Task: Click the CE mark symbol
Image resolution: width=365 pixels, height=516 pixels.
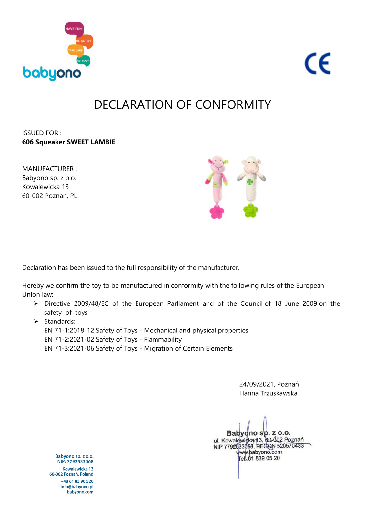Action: pos(318,64)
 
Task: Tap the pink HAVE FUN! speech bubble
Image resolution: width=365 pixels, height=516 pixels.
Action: pos(74,29)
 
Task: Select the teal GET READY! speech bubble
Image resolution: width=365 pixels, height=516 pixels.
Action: pos(83,61)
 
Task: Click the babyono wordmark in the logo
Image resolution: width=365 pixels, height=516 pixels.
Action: pos(52,73)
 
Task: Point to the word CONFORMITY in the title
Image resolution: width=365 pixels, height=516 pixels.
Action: pos(233,105)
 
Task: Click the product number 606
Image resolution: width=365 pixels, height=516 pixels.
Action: pos(27,142)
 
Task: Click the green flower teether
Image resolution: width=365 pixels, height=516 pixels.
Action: pos(250,211)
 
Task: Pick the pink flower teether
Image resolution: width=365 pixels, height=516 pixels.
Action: pos(217,212)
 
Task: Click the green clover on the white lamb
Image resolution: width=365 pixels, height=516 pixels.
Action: pos(250,182)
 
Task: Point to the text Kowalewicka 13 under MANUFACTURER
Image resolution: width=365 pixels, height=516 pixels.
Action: pos(45,187)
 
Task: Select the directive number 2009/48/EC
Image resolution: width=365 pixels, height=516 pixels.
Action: pos(91,303)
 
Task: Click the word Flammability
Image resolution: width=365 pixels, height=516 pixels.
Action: pos(163,339)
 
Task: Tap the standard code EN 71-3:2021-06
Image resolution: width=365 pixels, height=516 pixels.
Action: pos(69,348)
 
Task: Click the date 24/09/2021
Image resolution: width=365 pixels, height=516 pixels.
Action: pos(257,384)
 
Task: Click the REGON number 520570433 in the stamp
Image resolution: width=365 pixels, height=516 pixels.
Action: pos(290,446)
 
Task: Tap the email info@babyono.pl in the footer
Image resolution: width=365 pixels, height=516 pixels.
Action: pos(77,487)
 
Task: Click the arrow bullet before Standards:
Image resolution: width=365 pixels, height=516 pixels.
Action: pos(36,322)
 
